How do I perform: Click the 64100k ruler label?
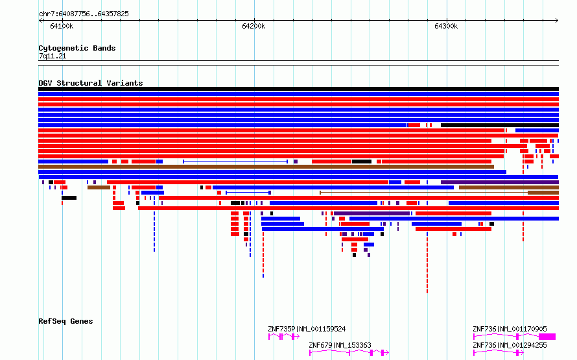62,26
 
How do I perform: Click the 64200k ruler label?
253,26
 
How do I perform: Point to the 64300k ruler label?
446,26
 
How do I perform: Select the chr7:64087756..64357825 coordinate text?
84,14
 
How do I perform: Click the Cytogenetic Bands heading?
77,48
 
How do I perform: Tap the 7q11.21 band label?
53,56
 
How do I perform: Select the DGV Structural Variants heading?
91,83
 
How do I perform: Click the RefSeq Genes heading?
65,321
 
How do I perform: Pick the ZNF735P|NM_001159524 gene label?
307,329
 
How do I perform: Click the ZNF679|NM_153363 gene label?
340,345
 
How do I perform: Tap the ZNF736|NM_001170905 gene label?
510,329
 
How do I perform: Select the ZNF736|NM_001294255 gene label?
510,345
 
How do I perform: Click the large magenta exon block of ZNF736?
547,337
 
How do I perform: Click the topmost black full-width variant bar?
298,89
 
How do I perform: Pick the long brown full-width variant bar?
266,167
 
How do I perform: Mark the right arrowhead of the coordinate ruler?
557,21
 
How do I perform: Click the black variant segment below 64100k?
69,198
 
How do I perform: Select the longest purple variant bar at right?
500,182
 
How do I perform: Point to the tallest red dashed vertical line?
427,263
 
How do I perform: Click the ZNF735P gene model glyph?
284,337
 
